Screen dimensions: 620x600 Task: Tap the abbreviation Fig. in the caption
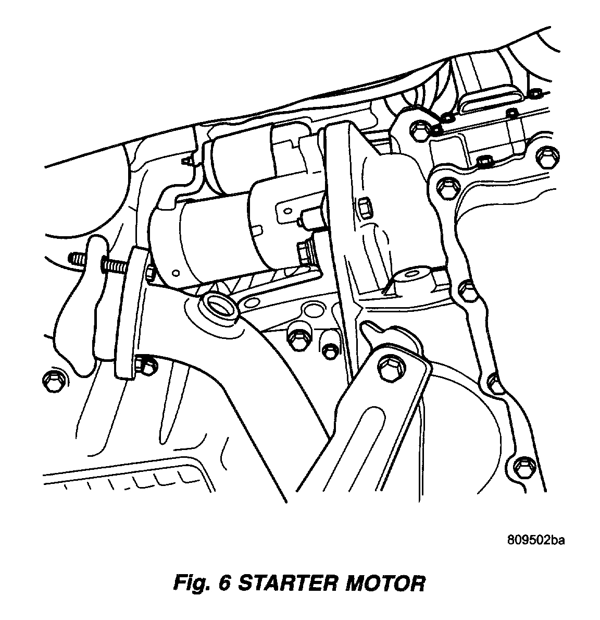(194, 583)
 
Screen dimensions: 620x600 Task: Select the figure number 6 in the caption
(225, 583)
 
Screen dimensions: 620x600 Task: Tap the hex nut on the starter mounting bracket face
(364, 206)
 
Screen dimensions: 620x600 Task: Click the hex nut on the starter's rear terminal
(303, 252)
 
